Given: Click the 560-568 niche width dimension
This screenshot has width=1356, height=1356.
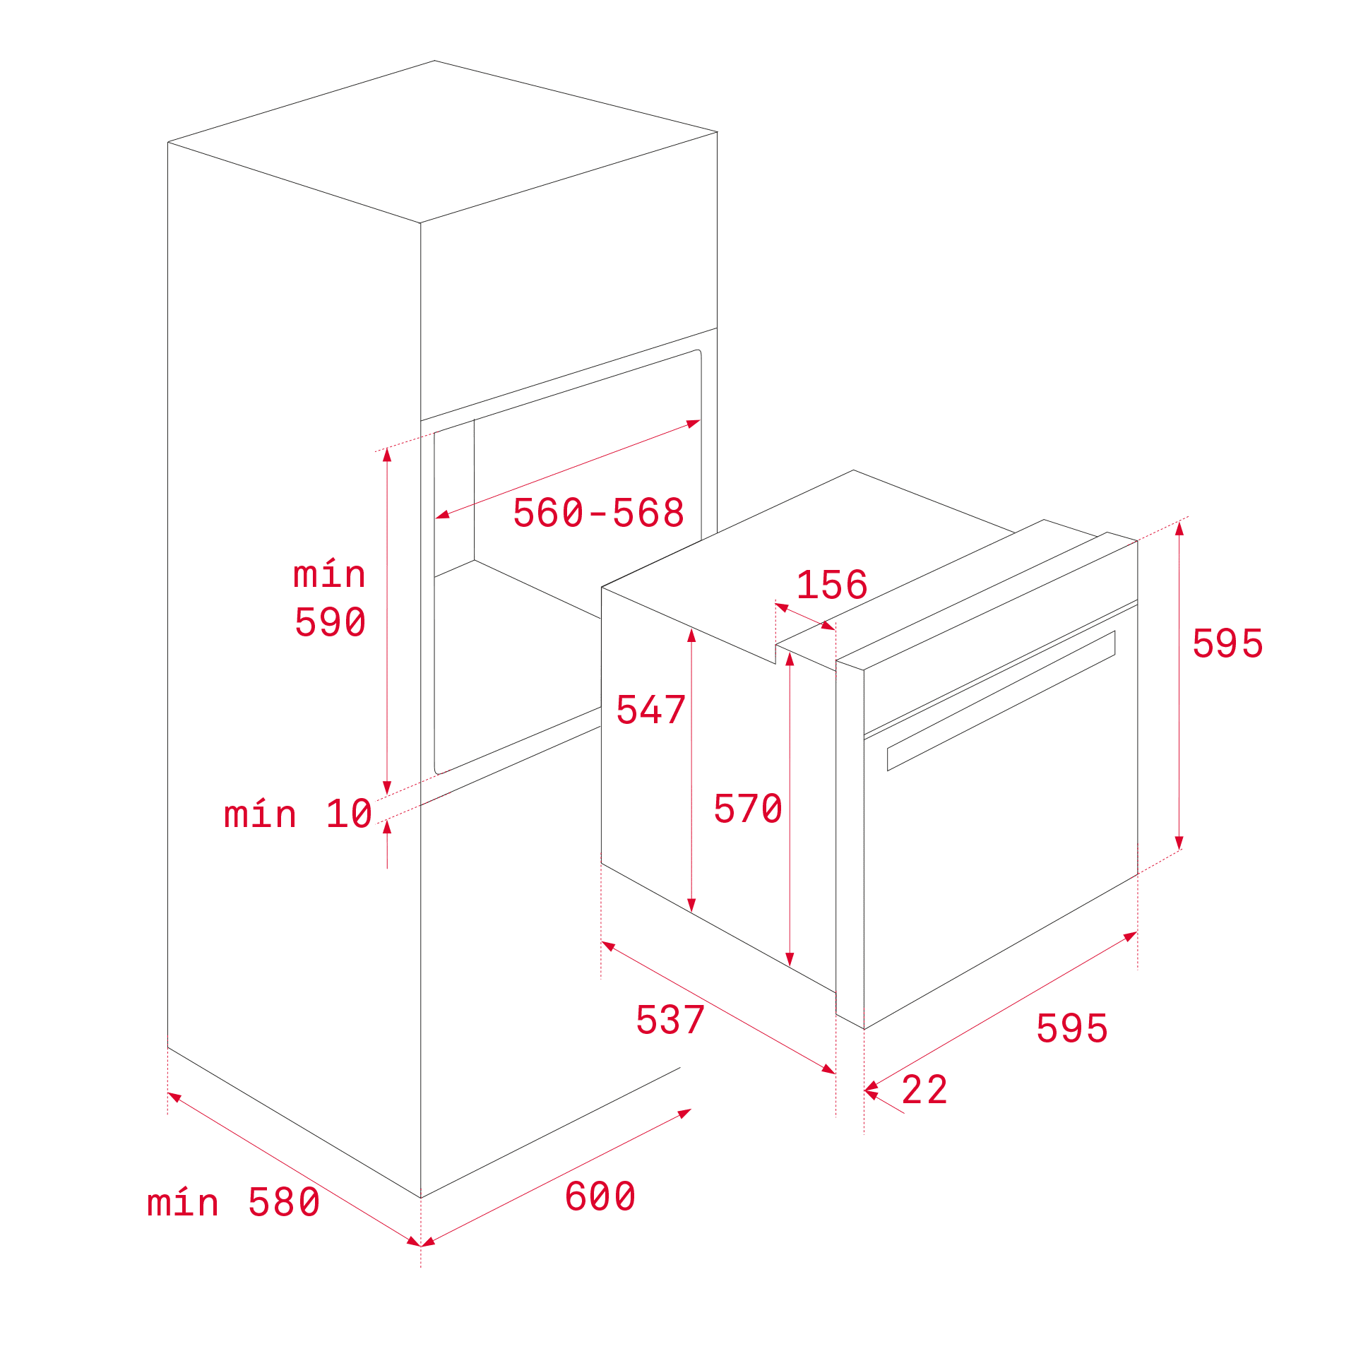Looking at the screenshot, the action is click(x=598, y=513).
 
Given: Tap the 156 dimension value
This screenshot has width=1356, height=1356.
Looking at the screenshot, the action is click(x=832, y=585).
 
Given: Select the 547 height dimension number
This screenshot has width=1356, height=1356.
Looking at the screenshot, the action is click(x=650, y=710).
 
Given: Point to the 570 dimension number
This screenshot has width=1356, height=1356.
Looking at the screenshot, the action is click(x=748, y=809).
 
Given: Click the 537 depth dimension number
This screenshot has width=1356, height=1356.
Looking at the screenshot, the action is click(x=670, y=1020).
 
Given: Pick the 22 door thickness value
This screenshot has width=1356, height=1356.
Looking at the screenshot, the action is click(x=924, y=1090).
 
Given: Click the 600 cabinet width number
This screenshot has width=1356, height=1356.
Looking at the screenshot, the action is click(x=600, y=1196).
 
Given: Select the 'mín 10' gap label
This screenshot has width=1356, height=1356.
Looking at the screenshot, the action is click(x=298, y=814).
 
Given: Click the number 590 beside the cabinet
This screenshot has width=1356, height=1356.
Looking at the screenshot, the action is click(x=330, y=622).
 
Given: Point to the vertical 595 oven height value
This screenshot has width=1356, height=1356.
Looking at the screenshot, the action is click(x=1227, y=643).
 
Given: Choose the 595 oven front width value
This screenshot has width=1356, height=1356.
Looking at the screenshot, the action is click(x=1072, y=1028).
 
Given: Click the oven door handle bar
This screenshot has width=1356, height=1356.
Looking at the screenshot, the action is click(x=1001, y=701).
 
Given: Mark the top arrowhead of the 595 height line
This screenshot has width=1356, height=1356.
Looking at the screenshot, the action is click(x=1179, y=528).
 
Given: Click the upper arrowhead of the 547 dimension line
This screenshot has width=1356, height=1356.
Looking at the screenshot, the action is click(x=691, y=635).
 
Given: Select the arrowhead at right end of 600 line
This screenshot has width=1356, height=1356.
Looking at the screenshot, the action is click(x=684, y=1113).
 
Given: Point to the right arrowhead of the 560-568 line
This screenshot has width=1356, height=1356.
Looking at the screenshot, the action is click(x=693, y=424).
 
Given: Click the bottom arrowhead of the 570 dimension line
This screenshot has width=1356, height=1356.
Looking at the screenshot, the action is click(x=790, y=959).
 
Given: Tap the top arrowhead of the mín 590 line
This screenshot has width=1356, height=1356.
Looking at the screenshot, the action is click(x=387, y=454).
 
